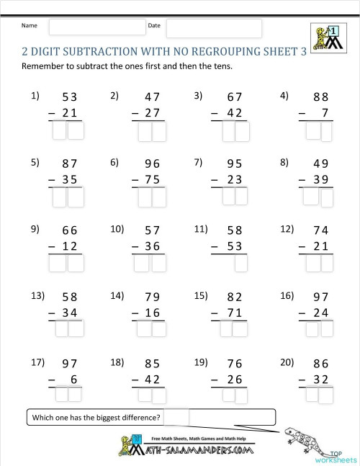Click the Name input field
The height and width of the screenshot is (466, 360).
coord(97,27)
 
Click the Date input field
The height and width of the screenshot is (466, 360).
coord(214,28)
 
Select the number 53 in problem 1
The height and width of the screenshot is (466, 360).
coord(70,97)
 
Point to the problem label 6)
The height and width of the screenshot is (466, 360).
coord(115,162)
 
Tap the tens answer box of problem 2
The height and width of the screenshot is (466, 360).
coord(145,131)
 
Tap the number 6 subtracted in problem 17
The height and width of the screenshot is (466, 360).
coord(73,379)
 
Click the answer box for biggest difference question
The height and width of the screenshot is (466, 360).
coord(179,417)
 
